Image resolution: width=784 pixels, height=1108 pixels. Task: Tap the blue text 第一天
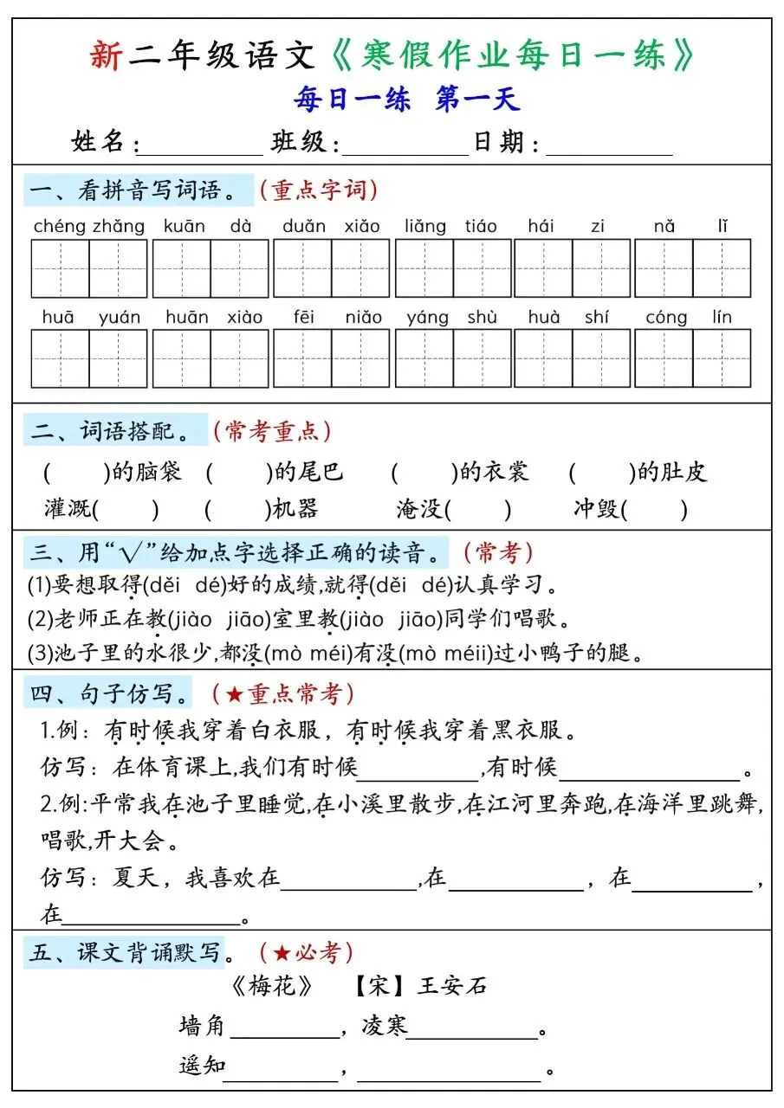coord(477,100)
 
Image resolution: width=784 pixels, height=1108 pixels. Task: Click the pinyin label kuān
coord(184,227)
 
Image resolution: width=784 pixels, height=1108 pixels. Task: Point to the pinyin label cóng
coord(665,318)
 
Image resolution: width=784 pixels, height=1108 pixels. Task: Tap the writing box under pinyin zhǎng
coord(119,268)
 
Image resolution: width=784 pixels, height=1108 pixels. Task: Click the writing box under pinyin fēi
coord(302,358)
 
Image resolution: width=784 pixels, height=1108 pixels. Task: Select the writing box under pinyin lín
coord(722,358)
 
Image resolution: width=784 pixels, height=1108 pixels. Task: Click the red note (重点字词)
coord(318,190)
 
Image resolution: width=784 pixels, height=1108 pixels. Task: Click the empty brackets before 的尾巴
coord(238,472)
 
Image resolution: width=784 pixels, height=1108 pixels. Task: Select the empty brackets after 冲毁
coord(655,509)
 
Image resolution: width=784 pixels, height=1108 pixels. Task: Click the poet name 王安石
coord(452,986)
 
